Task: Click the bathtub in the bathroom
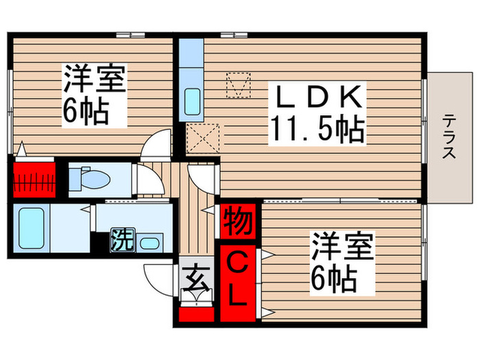(32, 228)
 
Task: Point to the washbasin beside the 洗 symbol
(149, 242)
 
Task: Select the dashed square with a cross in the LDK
(203, 140)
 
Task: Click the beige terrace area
(449, 137)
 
